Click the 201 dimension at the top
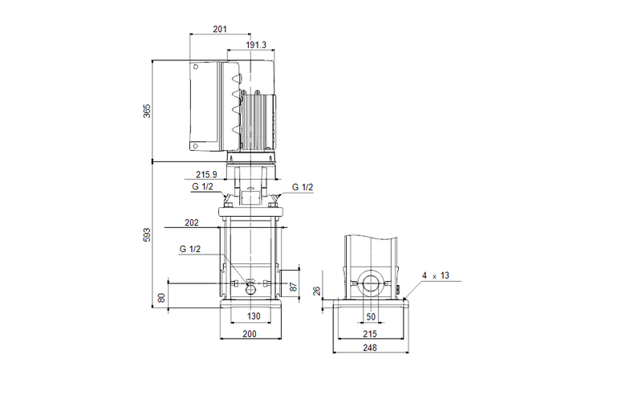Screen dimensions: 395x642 coord(220,29)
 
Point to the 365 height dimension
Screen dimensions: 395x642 coord(147,110)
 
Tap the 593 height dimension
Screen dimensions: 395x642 coord(147,234)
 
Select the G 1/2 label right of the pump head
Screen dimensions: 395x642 coord(302,187)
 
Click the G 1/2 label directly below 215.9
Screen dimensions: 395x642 coord(202,187)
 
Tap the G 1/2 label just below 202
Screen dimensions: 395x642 coord(190,249)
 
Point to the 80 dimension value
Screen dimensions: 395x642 coord(162,297)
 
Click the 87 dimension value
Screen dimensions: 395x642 coord(294,286)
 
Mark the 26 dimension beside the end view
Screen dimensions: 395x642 coord(318,292)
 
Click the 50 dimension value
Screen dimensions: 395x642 coord(370,316)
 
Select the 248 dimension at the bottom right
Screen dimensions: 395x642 coord(370,348)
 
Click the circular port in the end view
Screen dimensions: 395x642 coord(370,284)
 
